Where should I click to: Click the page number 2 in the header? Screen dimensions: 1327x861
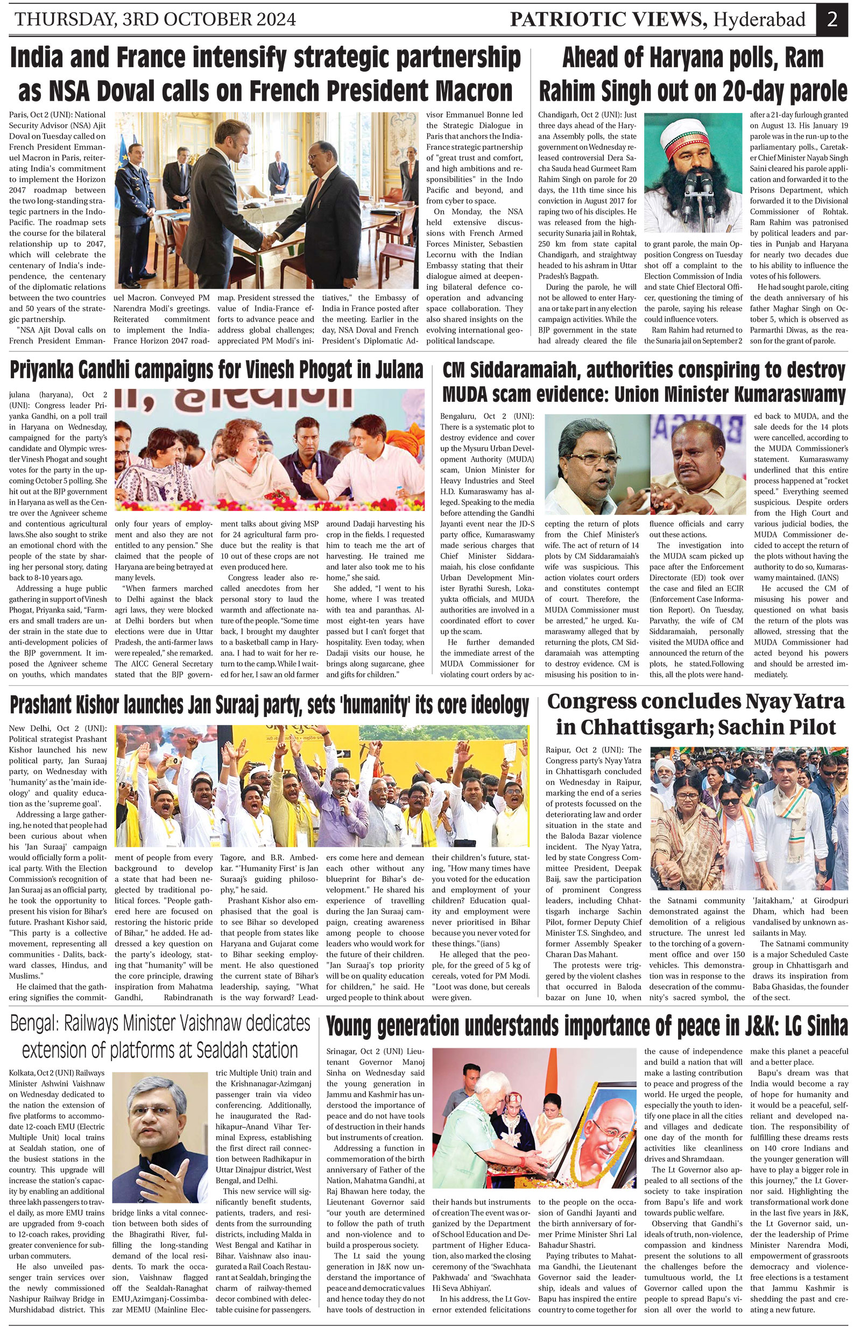pyautogui.click(x=832, y=19)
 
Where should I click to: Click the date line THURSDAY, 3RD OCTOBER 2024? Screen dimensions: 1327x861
pyautogui.click(x=156, y=20)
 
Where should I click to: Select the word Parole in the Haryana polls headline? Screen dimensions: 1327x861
pyautogui.click(x=813, y=90)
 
